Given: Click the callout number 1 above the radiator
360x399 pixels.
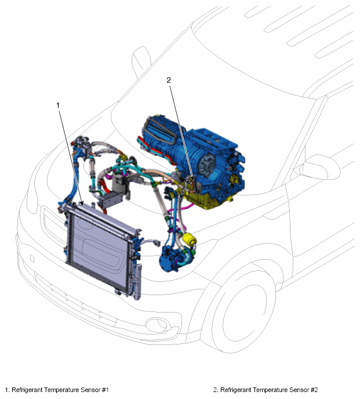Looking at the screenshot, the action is [x=58, y=105].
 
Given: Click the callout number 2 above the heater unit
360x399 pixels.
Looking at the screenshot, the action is [x=169, y=80].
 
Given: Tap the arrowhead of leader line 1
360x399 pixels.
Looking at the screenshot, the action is [x=81, y=203].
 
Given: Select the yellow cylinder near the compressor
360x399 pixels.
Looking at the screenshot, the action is [x=188, y=240].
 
